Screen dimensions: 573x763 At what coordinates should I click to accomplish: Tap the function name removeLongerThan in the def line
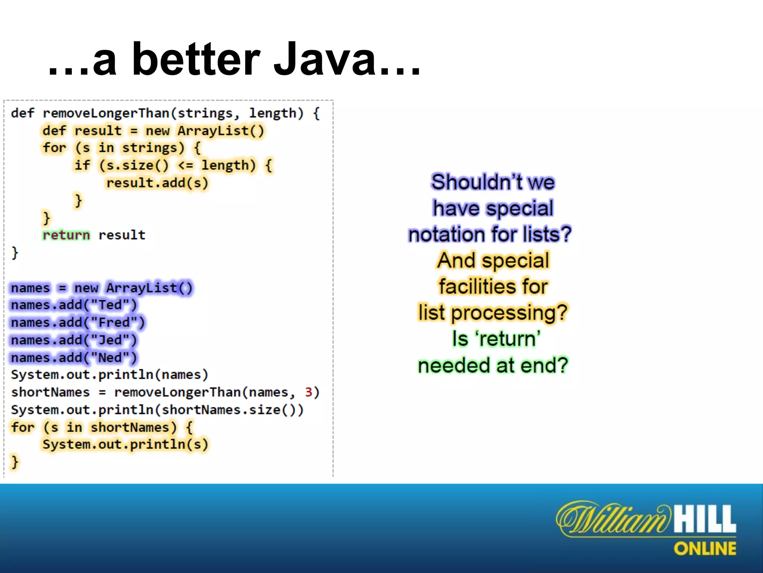coord(106,113)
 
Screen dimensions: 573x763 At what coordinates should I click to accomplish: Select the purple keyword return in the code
coord(66,235)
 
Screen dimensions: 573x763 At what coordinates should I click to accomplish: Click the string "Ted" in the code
coord(110,305)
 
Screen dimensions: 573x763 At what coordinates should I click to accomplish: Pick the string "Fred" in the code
coord(114,323)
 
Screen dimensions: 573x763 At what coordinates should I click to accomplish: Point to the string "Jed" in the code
coord(110,340)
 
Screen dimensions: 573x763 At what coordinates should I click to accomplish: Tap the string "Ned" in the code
coord(110,358)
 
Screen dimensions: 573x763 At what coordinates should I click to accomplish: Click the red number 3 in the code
coord(308,392)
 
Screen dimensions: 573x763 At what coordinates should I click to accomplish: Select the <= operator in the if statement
coord(186,165)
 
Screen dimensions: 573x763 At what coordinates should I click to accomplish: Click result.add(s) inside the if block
coord(157,183)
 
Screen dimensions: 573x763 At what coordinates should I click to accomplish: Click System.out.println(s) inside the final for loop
coord(125,445)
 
